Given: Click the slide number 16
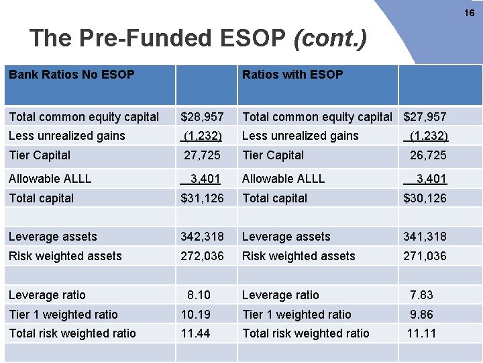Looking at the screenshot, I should pos(469,12).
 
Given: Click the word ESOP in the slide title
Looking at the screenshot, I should pos(253,38).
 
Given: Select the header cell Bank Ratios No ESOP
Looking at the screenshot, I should pos(72,75).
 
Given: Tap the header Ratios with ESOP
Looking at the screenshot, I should pos(292,75).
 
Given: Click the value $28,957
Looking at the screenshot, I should pos(203,117).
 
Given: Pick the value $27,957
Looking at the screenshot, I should pos(425,117).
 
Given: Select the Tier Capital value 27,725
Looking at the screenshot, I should pos(203,155).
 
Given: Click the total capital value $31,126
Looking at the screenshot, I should pos(203,198).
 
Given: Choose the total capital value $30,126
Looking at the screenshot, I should pos(425,198).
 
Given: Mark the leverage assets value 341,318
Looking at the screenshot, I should pos(425,237).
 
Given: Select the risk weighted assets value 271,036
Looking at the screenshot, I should pos(425,256).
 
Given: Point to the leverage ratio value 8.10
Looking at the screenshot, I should pos(199,295).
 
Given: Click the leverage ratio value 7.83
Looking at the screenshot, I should pos(421,295).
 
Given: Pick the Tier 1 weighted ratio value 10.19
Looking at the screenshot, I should pos(196,315).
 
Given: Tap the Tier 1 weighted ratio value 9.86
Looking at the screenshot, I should pos(421,315).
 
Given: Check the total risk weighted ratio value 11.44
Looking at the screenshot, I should pos(196,333).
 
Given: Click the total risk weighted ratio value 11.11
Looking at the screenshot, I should pos(421,333).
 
